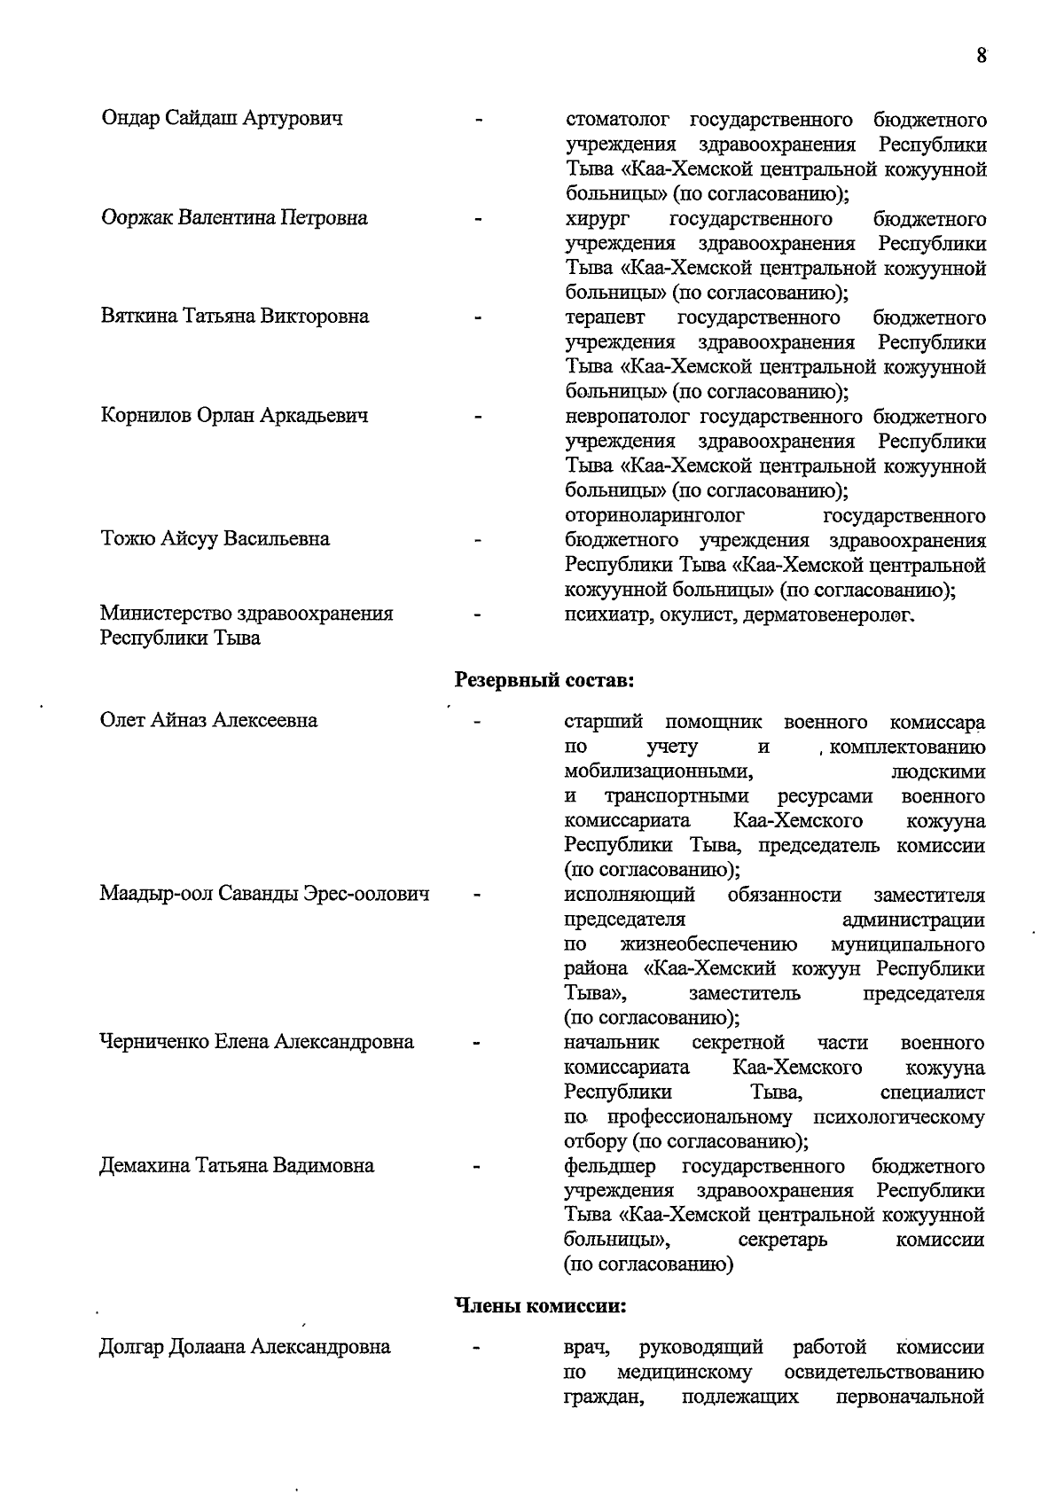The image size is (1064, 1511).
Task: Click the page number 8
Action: coord(982,56)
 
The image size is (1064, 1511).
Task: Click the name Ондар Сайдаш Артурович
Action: coord(223,118)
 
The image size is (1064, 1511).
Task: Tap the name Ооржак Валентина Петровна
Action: coord(234,217)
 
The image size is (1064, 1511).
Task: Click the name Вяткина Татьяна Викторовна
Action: coord(234,316)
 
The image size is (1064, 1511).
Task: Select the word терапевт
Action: coord(606,317)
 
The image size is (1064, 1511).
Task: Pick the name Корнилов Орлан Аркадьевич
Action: coord(234,415)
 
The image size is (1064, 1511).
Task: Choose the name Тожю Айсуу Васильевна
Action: coord(215,538)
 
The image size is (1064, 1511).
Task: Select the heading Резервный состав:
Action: coord(544,680)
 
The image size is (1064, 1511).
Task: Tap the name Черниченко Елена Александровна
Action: coord(256,1041)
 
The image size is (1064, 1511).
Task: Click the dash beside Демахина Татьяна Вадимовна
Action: coord(477,1167)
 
